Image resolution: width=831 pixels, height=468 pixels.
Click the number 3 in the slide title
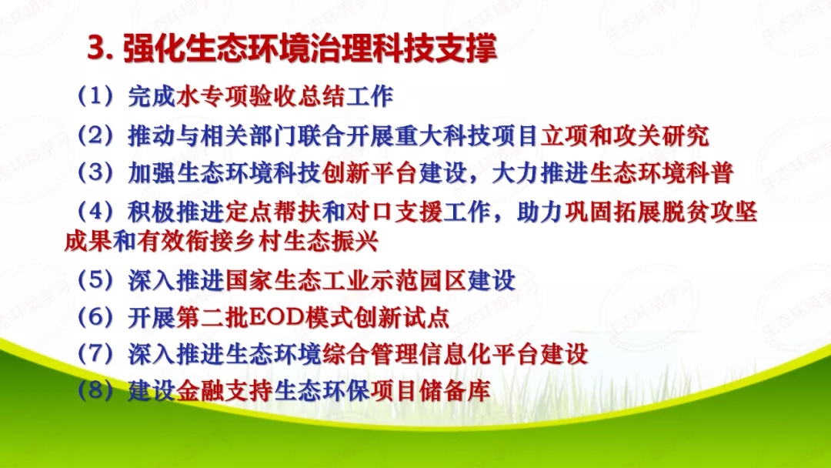(x=95, y=48)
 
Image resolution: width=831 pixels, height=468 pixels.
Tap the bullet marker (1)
(x=96, y=96)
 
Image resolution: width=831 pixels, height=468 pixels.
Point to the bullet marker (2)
(x=96, y=135)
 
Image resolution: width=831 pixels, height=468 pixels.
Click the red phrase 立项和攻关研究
(x=624, y=135)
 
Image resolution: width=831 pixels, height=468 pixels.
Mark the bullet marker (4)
(x=96, y=211)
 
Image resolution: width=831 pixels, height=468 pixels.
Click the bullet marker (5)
(x=96, y=279)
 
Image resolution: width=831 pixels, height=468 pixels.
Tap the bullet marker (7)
(x=96, y=353)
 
